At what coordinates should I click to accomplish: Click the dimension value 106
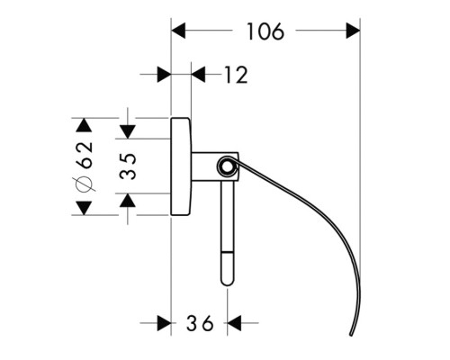(x=265, y=31)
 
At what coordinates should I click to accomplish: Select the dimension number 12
(x=237, y=75)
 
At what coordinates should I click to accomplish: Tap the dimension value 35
(x=128, y=166)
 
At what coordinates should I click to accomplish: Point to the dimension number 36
(x=200, y=323)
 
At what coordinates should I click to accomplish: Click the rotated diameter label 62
(x=85, y=155)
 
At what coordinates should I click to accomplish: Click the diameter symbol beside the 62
(x=84, y=184)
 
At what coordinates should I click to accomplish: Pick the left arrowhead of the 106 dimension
(x=178, y=31)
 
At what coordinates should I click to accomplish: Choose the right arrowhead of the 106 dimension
(x=353, y=31)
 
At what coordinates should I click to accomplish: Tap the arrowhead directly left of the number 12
(x=198, y=75)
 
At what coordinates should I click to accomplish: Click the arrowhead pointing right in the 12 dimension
(x=164, y=75)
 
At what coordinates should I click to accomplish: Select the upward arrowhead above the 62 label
(x=84, y=125)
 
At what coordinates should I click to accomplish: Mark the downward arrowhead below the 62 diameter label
(x=84, y=208)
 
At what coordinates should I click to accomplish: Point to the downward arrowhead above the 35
(x=128, y=131)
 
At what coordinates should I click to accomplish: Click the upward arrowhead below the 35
(x=128, y=200)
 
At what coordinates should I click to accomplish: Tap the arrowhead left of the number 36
(x=164, y=323)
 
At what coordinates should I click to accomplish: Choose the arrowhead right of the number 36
(x=234, y=323)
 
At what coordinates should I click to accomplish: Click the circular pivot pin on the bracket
(x=227, y=166)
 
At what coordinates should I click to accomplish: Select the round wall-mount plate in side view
(x=181, y=166)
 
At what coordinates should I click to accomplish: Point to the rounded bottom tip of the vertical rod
(x=227, y=283)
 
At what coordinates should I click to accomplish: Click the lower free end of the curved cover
(x=351, y=334)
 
